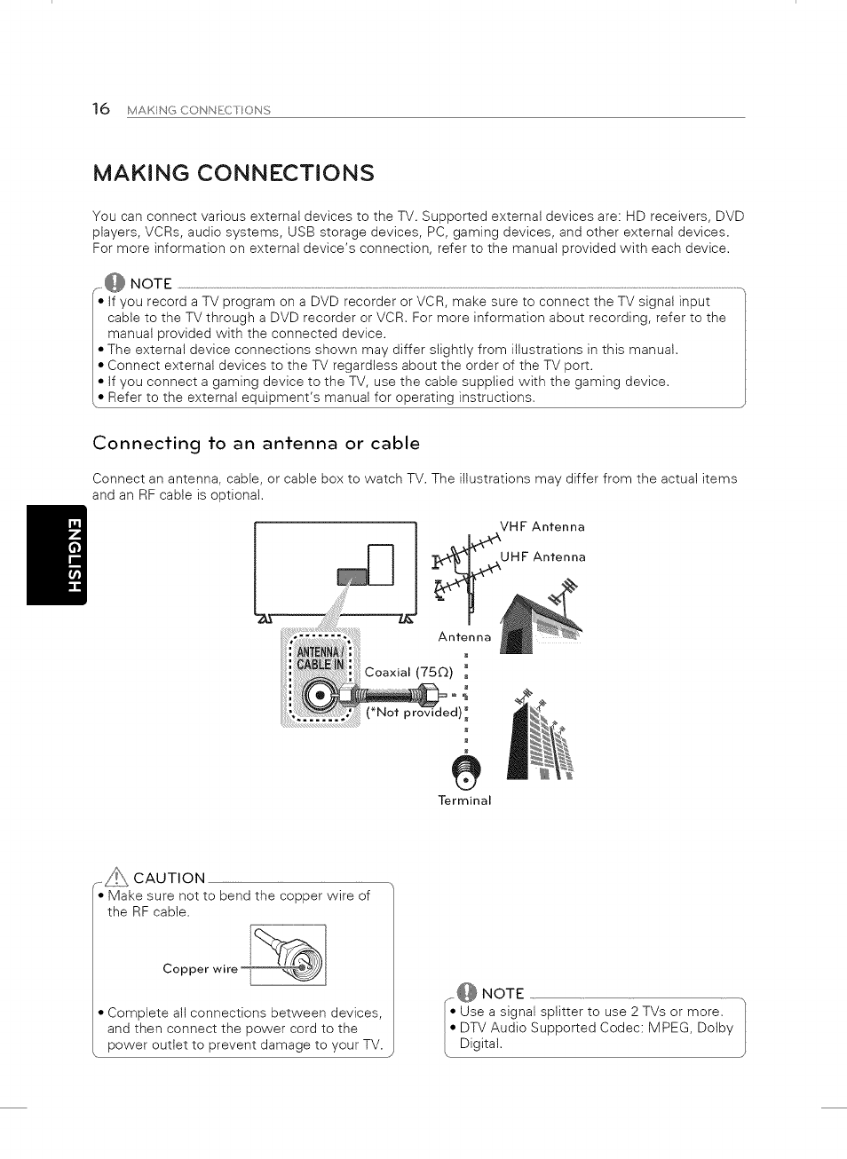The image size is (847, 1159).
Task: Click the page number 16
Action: coord(101,109)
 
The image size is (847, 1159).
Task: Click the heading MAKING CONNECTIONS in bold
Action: coord(234,173)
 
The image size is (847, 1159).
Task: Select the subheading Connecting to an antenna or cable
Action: coord(256,443)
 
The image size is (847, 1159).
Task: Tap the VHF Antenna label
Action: coord(542,527)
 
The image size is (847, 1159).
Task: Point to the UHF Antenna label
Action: coord(542,557)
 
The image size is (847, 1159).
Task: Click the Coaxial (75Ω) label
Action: coord(408,673)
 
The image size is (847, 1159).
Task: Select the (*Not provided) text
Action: coord(414,712)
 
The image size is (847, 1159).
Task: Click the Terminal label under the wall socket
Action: coord(464,800)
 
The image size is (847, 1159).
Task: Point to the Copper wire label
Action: coord(200,969)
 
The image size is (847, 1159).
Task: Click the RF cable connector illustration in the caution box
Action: coord(289,955)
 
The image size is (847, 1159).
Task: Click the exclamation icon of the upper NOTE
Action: coord(115,283)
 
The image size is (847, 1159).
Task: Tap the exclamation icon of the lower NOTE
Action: coord(467,993)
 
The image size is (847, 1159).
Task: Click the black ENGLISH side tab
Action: coord(57,555)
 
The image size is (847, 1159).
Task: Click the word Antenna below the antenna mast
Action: coord(464,637)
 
